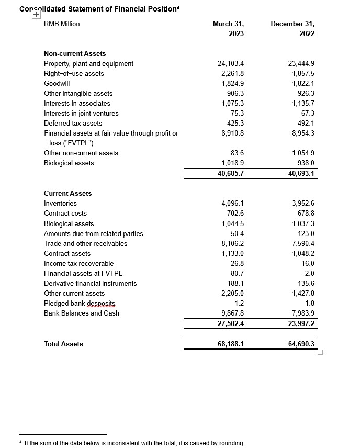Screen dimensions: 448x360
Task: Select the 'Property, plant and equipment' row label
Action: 88,63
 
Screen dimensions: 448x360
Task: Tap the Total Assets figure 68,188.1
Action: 231,344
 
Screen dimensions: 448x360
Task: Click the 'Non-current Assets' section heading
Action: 75,53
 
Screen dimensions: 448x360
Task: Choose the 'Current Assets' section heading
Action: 67,193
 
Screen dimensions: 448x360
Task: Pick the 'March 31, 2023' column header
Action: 229,29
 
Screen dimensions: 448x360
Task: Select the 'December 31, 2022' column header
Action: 293,29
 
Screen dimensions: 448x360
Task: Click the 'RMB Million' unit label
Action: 62,24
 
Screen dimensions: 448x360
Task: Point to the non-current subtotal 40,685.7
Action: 231,173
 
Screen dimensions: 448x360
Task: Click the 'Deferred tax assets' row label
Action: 73,123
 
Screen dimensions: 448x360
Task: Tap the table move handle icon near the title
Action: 36,15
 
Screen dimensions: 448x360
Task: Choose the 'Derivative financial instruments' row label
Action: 90,283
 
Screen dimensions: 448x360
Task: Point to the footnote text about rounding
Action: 134,443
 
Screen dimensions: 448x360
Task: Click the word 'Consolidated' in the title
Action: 39,8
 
